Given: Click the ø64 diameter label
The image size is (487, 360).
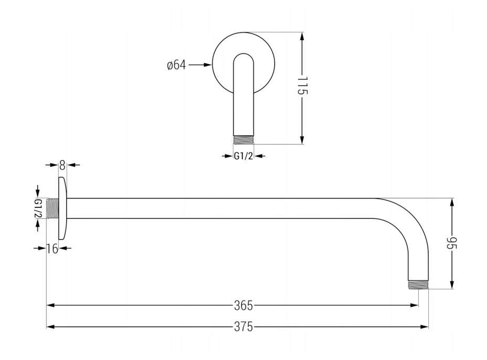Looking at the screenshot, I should tap(176, 65).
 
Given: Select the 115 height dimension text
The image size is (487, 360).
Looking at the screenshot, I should tap(302, 86).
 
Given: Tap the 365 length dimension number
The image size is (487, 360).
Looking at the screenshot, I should tap(243, 305).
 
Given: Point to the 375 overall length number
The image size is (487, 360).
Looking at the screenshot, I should tap(243, 327).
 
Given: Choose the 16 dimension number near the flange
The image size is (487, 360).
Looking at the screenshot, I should tap(52, 249).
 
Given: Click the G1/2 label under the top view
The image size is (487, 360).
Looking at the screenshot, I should tap(243, 156).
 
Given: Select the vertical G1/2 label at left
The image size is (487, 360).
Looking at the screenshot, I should tap(38, 208).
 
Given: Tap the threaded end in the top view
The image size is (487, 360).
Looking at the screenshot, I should tap(243, 140).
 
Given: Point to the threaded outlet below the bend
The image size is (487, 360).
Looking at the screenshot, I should tap(419, 284).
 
